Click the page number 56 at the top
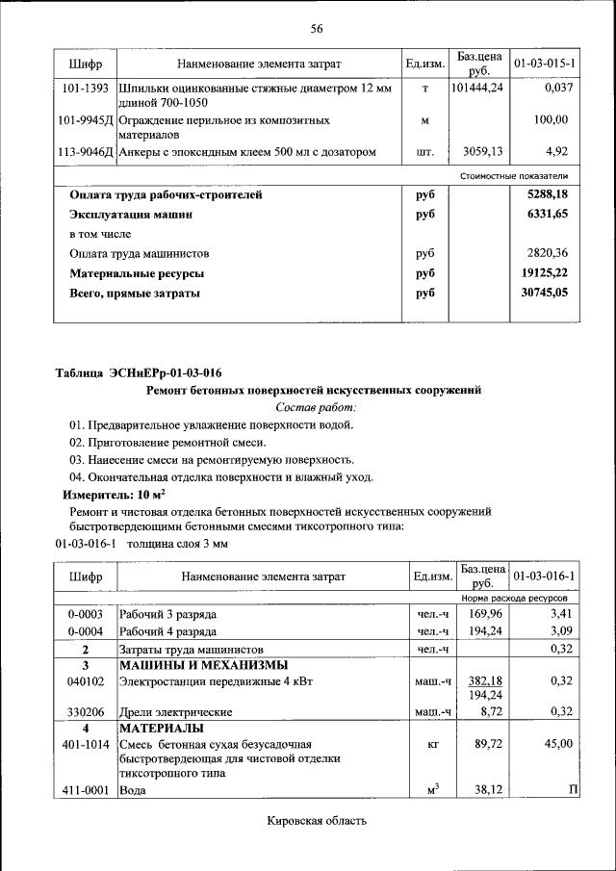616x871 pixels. (316, 28)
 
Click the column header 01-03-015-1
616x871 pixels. (544, 64)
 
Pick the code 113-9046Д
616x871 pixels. (85, 151)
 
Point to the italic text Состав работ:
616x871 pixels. (316, 407)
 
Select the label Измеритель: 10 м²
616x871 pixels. (107, 494)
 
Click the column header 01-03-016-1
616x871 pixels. (544, 576)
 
